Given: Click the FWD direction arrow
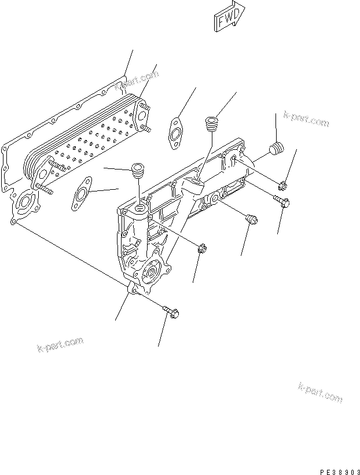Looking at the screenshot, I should (229, 17).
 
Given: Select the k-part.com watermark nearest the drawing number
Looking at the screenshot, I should (320, 393).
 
